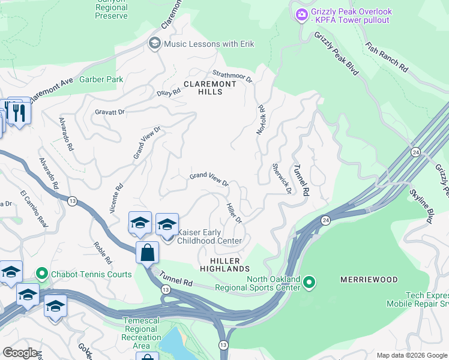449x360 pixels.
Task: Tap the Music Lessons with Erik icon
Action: (x=154, y=44)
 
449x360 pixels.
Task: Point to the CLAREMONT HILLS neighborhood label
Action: (x=211, y=88)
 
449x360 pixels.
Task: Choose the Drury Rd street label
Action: (x=169, y=93)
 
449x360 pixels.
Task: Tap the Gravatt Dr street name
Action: (x=110, y=112)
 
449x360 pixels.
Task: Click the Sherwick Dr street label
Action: (x=282, y=179)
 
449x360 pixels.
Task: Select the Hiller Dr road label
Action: (x=234, y=213)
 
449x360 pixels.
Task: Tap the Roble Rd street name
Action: (x=103, y=253)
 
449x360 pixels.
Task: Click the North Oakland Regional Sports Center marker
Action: (x=309, y=281)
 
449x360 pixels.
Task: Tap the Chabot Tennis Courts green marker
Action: (x=41, y=275)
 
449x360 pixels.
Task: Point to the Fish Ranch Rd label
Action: (x=386, y=58)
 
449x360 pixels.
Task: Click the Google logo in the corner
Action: (x=20, y=353)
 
